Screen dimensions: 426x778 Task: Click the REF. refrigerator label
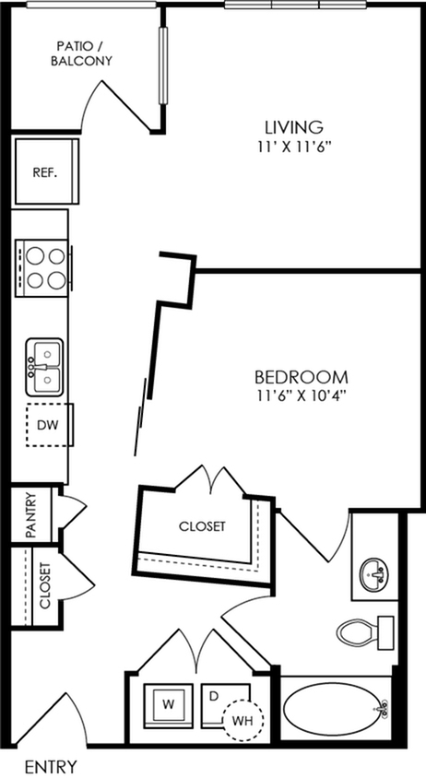[45, 172]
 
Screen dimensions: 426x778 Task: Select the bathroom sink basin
[373, 574]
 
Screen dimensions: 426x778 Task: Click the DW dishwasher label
[48, 425]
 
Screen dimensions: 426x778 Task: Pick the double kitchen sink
[44, 367]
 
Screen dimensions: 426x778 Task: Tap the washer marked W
[169, 705]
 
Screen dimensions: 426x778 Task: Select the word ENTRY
[51, 767]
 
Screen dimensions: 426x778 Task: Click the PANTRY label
[30, 515]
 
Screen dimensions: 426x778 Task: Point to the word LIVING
[294, 127]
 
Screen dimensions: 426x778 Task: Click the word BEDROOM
[301, 377]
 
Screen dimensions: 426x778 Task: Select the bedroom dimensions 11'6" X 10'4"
[301, 396]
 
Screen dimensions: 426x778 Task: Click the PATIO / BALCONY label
[84, 54]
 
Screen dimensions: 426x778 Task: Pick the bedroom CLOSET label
[202, 526]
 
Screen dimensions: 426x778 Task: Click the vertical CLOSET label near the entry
[44, 585]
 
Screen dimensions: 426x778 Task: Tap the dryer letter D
[214, 696]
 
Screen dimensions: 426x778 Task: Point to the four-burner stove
[42, 268]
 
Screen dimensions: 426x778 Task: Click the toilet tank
[385, 632]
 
